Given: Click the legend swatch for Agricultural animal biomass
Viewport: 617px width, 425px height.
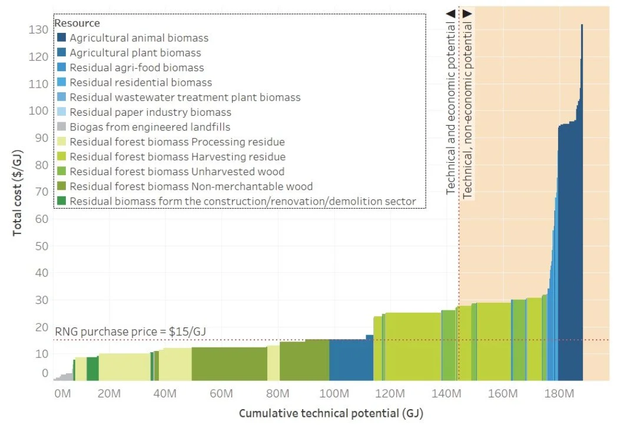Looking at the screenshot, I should click(61, 38).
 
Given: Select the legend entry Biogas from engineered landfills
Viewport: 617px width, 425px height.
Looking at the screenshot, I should click(150, 127).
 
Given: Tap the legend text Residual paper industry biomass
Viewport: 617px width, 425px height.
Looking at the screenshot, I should click(150, 112).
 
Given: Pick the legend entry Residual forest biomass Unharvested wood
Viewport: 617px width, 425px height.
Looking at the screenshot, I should click(177, 172).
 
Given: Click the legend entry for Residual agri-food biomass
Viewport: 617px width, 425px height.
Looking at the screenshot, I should click(137, 68).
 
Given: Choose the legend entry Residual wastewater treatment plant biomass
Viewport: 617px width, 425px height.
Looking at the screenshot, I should click(185, 98).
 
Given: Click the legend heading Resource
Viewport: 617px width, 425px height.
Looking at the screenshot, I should click(77, 24).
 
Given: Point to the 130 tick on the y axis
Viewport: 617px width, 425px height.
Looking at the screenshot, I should click(36, 29).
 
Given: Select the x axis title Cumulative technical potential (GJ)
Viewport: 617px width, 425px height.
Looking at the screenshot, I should click(330, 413).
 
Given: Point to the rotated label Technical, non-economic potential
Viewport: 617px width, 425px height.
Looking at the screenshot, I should click(468, 104).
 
